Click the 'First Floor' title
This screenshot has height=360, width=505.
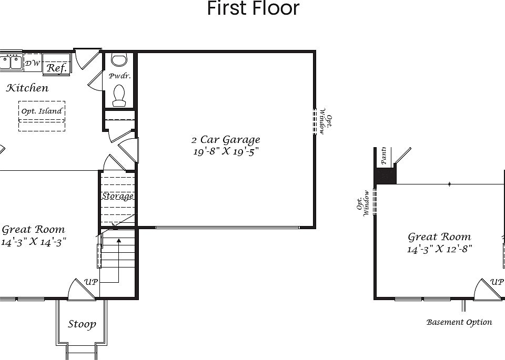pyautogui.click(x=253, y=9)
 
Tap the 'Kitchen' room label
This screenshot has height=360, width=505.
pyautogui.click(x=27, y=88)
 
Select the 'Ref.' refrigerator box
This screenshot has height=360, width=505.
pyautogui.click(x=56, y=68)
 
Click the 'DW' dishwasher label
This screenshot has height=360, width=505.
pyautogui.click(x=32, y=64)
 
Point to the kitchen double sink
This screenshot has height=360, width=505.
pyautogui.click(x=10, y=63)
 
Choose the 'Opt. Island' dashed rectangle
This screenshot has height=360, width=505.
pyautogui.click(x=42, y=116)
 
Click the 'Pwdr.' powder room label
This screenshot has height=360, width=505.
pyautogui.click(x=119, y=76)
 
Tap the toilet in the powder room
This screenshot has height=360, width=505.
pyautogui.click(x=119, y=95)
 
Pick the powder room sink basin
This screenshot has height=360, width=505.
pyautogui.click(x=119, y=60)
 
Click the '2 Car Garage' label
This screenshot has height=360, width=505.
pyautogui.click(x=225, y=140)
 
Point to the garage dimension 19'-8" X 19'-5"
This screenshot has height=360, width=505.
pyautogui.click(x=225, y=152)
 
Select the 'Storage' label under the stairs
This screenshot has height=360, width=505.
pyautogui.click(x=117, y=196)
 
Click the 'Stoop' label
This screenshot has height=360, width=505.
pyautogui.click(x=82, y=324)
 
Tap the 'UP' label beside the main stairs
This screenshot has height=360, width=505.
pyautogui.click(x=92, y=282)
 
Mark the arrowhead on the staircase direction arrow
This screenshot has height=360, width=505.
pyautogui.click(x=119, y=241)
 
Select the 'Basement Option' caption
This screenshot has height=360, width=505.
pyautogui.click(x=459, y=322)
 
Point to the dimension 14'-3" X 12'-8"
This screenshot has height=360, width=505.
pyautogui.click(x=439, y=249)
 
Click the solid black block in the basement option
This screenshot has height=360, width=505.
pyautogui.click(x=385, y=176)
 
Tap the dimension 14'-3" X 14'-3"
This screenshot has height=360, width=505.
pyautogui.click(x=34, y=242)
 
